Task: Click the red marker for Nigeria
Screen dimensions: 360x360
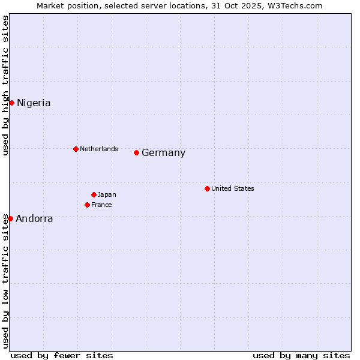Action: (x=11, y=103)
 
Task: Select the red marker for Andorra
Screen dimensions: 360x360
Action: (x=10, y=218)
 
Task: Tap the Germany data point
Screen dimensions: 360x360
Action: (x=136, y=152)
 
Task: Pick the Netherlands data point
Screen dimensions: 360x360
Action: (x=76, y=149)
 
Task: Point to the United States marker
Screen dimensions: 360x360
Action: (x=207, y=188)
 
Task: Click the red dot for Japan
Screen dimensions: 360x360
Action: (x=94, y=194)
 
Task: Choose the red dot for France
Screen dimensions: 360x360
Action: (x=87, y=205)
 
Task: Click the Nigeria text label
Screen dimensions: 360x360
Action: (x=34, y=103)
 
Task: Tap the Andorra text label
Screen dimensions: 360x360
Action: (x=34, y=219)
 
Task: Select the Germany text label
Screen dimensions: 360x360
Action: (x=163, y=153)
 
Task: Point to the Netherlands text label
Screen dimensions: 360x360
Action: (x=99, y=149)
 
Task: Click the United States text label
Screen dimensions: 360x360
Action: (x=233, y=188)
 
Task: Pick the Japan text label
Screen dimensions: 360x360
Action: (x=107, y=194)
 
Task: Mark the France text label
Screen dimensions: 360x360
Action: (x=101, y=205)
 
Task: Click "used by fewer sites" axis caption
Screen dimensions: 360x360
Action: (x=62, y=355)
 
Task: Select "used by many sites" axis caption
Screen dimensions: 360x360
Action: (x=301, y=355)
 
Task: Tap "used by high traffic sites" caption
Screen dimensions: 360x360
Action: (x=6, y=86)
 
